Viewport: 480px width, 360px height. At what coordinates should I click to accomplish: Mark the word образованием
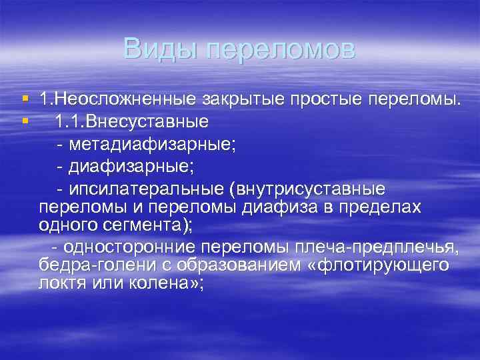(227, 265)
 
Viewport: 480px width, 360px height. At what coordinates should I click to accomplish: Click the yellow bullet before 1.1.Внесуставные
(25, 121)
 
